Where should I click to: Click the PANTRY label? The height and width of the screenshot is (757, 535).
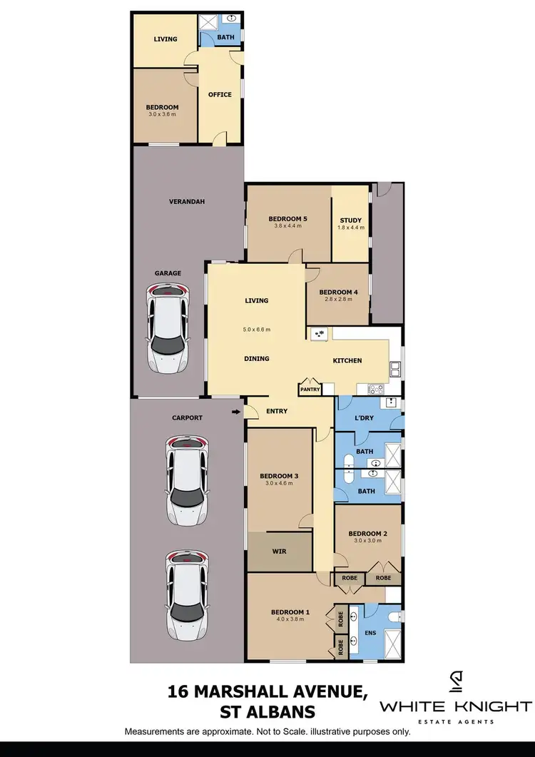coord(310,390)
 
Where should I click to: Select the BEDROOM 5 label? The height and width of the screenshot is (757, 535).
coord(288,218)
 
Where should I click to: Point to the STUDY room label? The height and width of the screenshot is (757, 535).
coord(350,220)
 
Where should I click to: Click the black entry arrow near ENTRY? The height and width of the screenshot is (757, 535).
coord(236,412)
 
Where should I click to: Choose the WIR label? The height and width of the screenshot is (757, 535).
coord(280,552)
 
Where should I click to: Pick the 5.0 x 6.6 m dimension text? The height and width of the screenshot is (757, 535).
coord(257,330)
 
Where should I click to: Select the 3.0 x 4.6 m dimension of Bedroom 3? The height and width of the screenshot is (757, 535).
coord(279,484)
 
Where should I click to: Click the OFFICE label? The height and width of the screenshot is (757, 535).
coord(220,94)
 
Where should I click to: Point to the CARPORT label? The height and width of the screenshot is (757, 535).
coord(188,417)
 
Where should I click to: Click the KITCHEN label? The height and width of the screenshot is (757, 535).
coord(347,360)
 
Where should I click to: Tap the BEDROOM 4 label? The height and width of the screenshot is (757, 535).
coord(338,293)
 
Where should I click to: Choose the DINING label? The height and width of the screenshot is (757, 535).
coord(257,358)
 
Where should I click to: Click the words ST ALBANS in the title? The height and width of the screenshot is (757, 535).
coord(267,712)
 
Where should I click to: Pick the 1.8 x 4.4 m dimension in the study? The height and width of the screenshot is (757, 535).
coord(350,228)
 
